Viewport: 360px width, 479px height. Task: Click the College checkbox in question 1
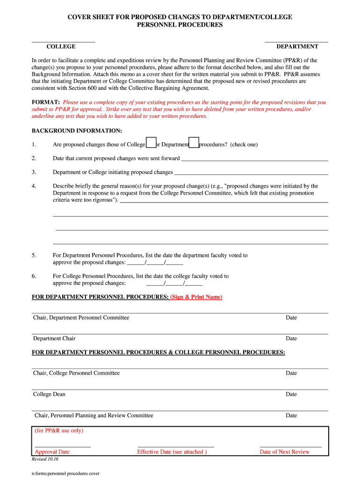(151, 143)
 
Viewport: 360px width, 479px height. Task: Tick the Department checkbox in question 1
(194, 143)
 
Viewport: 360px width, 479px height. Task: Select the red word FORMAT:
(45, 102)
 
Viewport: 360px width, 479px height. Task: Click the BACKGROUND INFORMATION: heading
(77, 131)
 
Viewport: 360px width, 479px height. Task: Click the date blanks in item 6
(174, 283)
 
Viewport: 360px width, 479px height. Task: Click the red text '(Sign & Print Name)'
(196, 297)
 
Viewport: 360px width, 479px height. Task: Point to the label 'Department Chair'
(54, 338)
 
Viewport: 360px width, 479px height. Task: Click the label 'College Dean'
(49, 394)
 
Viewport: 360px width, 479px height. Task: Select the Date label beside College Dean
(291, 394)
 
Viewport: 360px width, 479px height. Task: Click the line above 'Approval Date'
(63, 447)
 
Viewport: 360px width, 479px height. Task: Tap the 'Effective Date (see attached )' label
(172, 452)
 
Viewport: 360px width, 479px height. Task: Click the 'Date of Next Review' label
(285, 452)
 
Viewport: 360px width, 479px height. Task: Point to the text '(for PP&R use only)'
(59, 431)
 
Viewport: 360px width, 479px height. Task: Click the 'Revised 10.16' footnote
(45, 460)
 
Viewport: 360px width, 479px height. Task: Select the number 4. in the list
(34, 186)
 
